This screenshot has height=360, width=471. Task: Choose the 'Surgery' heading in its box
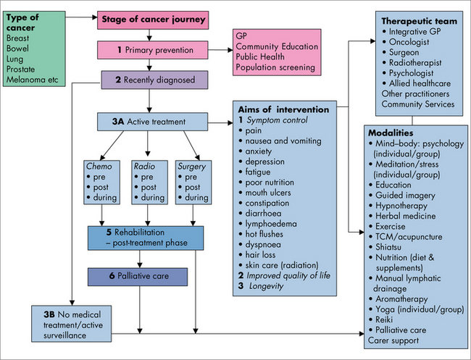(191, 166)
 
